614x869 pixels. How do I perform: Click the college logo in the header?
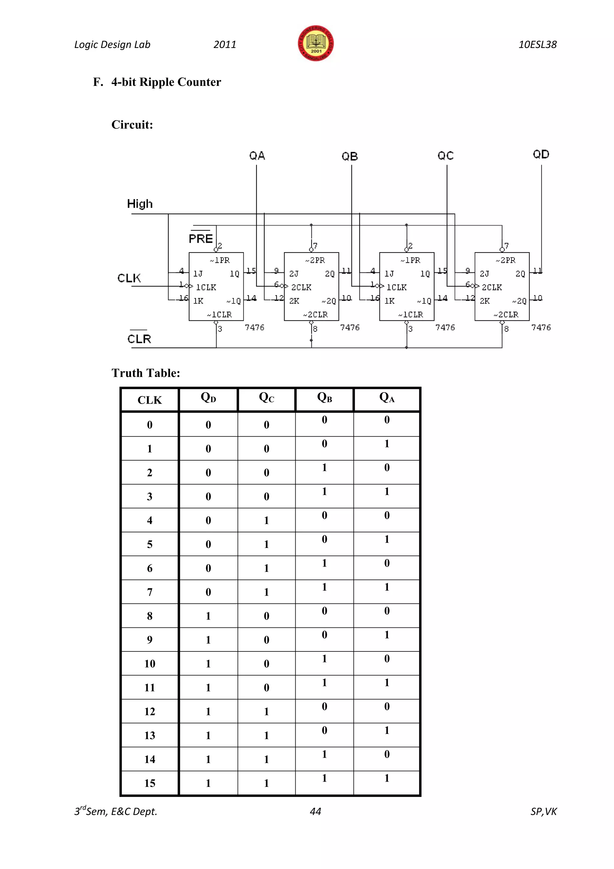point(316,44)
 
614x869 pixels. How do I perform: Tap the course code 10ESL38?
point(537,45)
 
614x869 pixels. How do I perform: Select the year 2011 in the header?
point(225,45)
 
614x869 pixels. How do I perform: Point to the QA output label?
point(257,155)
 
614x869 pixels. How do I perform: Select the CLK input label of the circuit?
point(129,278)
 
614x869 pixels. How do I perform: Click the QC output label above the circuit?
point(446,155)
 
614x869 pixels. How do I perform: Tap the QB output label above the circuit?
point(350,156)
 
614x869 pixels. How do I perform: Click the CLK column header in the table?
point(150,400)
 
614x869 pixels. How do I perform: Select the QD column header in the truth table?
point(208,398)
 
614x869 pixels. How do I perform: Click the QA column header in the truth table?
point(387,398)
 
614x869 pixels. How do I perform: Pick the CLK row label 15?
point(150,783)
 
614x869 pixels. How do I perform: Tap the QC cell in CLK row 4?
point(267,520)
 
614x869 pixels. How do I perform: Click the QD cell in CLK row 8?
point(208,616)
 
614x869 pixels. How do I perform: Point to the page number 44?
point(315,811)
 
